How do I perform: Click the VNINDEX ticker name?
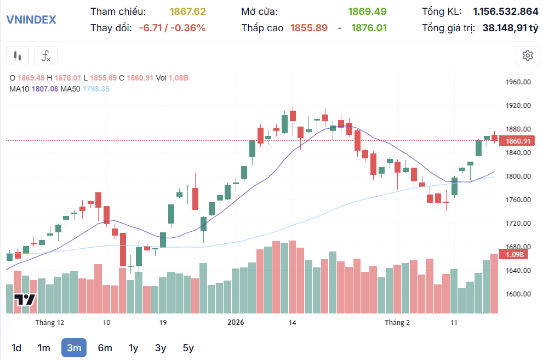(x=31, y=20)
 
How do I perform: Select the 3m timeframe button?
(x=74, y=347)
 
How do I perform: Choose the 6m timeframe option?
(x=105, y=347)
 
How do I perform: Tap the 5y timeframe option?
(x=188, y=347)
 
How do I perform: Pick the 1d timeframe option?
(x=16, y=347)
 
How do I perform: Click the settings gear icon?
(x=528, y=55)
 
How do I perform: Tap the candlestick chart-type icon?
(x=18, y=55)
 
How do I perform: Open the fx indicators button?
(x=46, y=55)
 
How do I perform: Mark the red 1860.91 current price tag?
(x=518, y=141)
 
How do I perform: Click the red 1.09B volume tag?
(x=515, y=255)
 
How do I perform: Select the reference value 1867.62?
(x=187, y=12)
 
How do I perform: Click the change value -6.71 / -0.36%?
(x=172, y=28)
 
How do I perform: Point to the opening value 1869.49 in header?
(x=367, y=12)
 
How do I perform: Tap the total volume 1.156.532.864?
(x=505, y=12)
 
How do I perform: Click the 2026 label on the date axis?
(x=236, y=323)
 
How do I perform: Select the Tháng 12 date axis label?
(x=50, y=323)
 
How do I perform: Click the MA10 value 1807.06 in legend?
(x=47, y=89)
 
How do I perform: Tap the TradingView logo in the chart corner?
(x=25, y=300)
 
